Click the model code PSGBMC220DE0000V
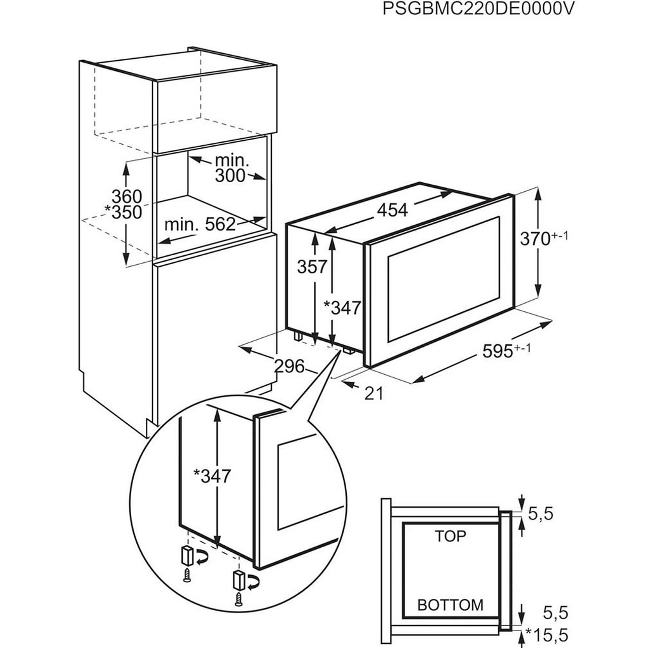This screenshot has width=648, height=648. point(478,10)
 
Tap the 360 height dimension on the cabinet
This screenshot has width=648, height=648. point(127,196)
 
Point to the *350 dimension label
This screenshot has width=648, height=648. point(123,213)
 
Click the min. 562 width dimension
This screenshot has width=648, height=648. point(200,224)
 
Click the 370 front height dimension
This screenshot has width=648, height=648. point(543,238)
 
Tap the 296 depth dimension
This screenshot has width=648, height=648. point(290,366)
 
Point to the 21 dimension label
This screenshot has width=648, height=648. point(374,393)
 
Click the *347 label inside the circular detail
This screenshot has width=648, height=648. point(213,475)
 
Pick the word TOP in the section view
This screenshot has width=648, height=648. point(450,536)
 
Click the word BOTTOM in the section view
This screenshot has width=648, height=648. point(450,604)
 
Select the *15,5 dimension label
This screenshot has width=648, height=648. point(548,634)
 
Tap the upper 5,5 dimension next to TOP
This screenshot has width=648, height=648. point(541,514)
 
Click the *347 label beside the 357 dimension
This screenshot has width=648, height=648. point(342,307)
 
